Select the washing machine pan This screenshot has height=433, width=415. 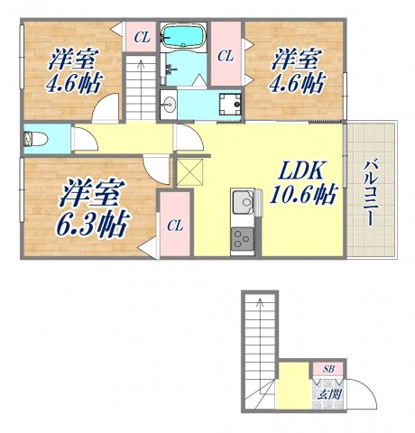(230, 104)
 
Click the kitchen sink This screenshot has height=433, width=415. (242, 203)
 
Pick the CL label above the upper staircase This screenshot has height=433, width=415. (141, 37)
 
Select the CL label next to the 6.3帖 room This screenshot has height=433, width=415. (175, 226)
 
